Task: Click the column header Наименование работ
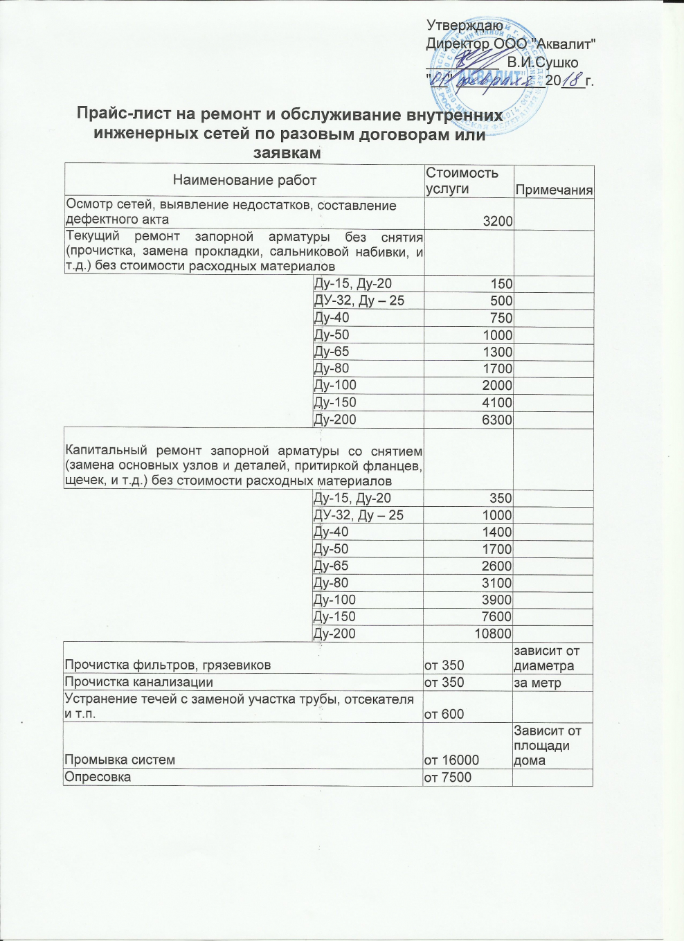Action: point(244,181)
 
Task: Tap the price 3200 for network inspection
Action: point(498,222)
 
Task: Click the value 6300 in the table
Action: point(497,420)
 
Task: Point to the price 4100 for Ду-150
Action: point(497,403)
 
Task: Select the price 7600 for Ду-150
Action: point(496,617)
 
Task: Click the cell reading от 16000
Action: point(451,760)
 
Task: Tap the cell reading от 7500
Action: point(447,778)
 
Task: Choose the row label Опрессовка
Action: point(98,778)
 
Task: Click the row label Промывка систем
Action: point(120,760)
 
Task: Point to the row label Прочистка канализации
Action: point(138,683)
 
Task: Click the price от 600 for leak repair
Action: point(444,714)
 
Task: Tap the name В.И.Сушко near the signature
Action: point(542,63)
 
